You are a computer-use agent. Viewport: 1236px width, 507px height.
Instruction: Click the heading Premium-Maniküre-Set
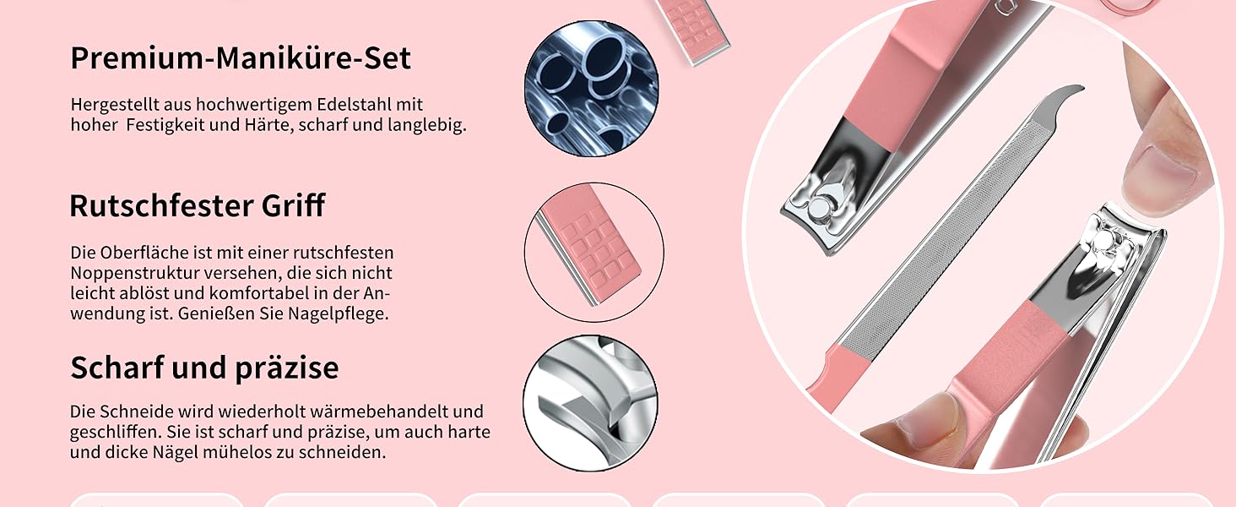[241, 58]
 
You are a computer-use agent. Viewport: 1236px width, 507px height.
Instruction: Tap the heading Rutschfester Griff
[197, 205]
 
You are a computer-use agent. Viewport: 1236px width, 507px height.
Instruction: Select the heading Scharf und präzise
[204, 368]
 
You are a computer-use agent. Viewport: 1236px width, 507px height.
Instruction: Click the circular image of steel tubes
[592, 89]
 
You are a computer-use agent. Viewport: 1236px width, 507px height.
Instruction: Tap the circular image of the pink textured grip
[594, 253]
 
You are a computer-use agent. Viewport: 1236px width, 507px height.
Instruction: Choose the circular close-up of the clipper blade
[590, 403]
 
